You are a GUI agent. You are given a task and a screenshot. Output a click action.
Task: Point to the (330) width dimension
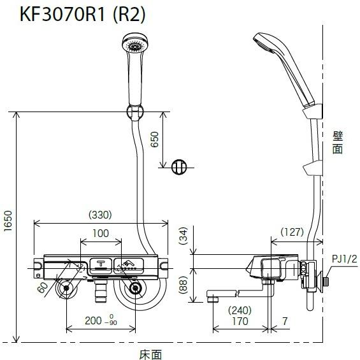[101, 215]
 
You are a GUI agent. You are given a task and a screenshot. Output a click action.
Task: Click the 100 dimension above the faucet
[101, 233]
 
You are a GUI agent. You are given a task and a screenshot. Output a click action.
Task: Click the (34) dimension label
[183, 238]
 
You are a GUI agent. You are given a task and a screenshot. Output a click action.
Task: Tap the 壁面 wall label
[337, 142]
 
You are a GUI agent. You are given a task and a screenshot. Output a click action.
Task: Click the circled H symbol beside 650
[180, 167]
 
